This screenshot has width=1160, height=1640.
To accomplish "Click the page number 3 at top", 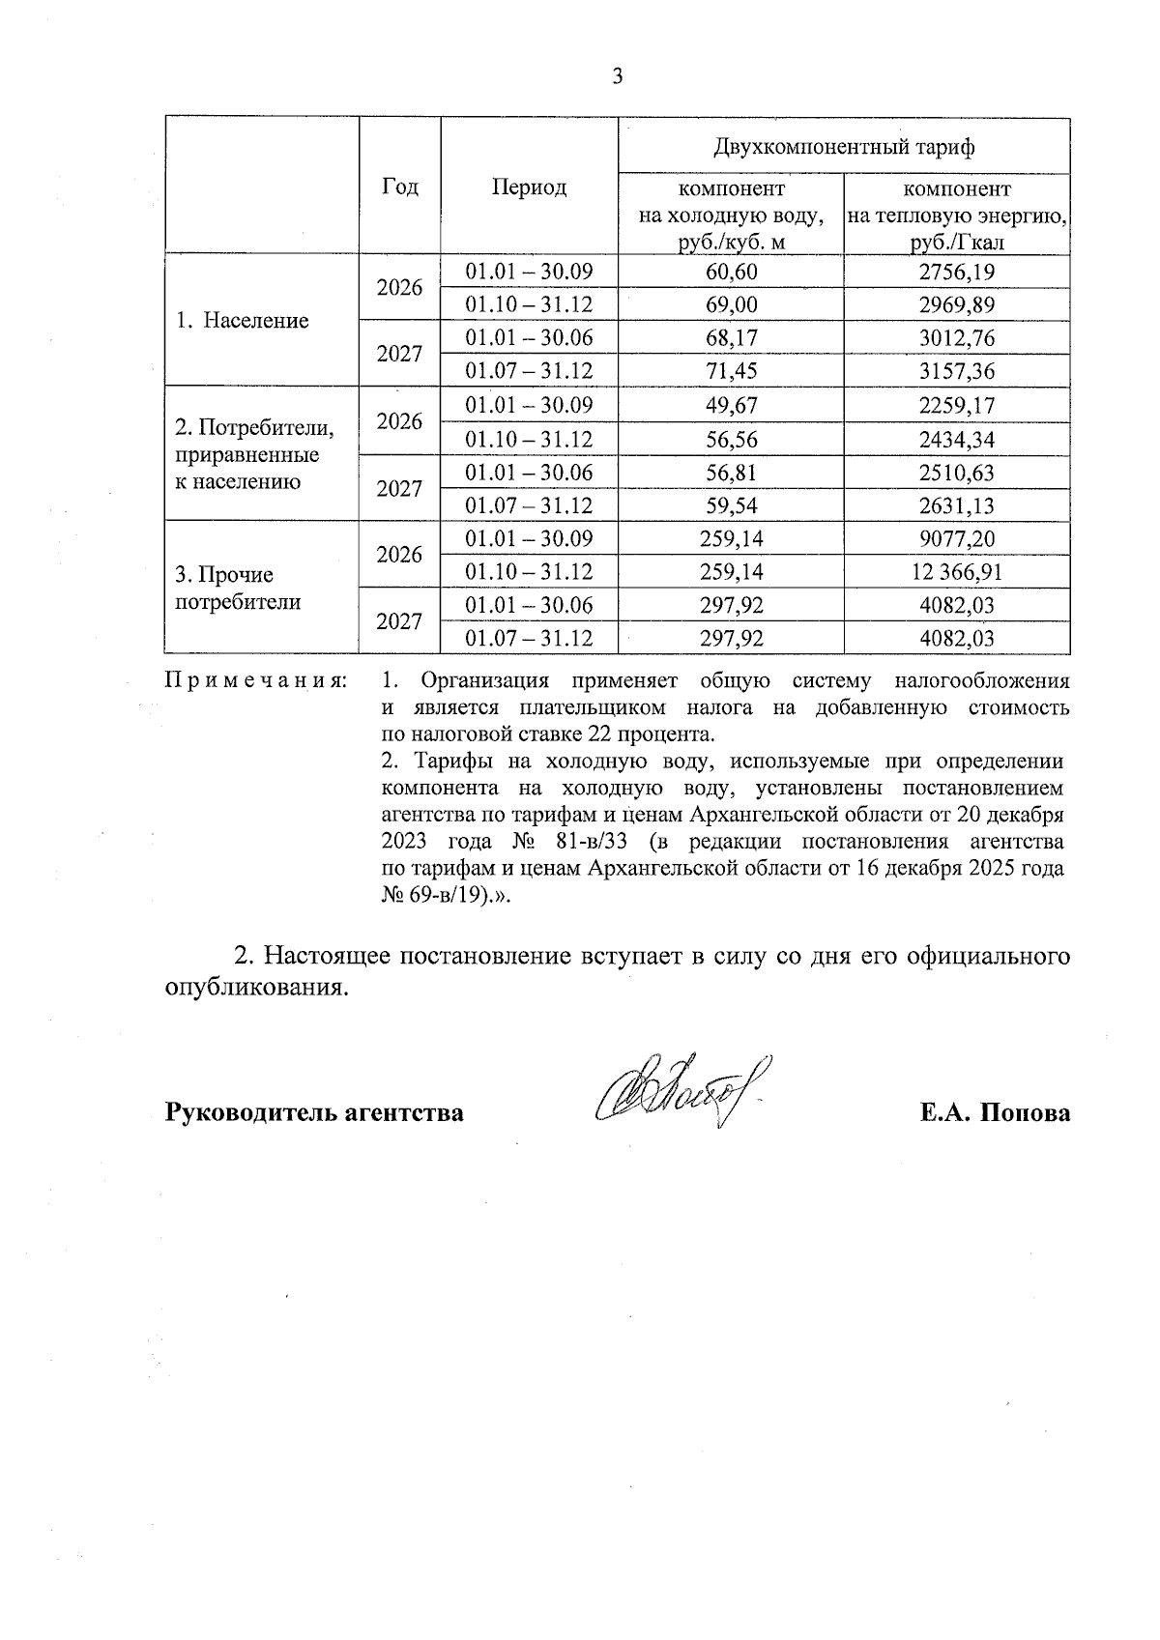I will tap(618, 77).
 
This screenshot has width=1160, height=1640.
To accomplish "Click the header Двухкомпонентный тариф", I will tap(843, 147).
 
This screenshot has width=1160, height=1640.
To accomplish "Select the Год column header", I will tap(400, 187).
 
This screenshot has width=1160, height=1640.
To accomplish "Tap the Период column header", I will tap(529, 187).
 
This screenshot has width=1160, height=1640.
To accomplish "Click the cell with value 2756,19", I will tap(956, 273).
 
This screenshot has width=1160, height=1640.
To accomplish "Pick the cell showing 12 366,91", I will tap(956, 572).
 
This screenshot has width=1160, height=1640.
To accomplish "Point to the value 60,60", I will tap(731, 273).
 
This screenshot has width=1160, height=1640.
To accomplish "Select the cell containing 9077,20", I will tap(956, 539).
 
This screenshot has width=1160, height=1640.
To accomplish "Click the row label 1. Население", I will tap(243, 321).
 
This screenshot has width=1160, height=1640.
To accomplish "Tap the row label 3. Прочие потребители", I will tap(238, 589).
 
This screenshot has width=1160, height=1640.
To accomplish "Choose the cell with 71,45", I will tap(731, 371).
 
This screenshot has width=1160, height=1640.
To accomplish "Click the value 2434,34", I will tap(956, 440).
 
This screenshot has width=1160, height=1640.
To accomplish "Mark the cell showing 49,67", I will tap(731, 406).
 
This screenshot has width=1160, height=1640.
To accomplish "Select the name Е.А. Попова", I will tap(995, 1112).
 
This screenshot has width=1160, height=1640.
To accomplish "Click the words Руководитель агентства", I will tap(315, 1112).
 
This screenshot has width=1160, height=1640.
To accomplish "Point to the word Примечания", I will tap(257, 681).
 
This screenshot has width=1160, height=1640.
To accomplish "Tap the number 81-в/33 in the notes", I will tap(593, 840).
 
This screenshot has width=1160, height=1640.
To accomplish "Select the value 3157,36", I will tap(956, 371).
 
